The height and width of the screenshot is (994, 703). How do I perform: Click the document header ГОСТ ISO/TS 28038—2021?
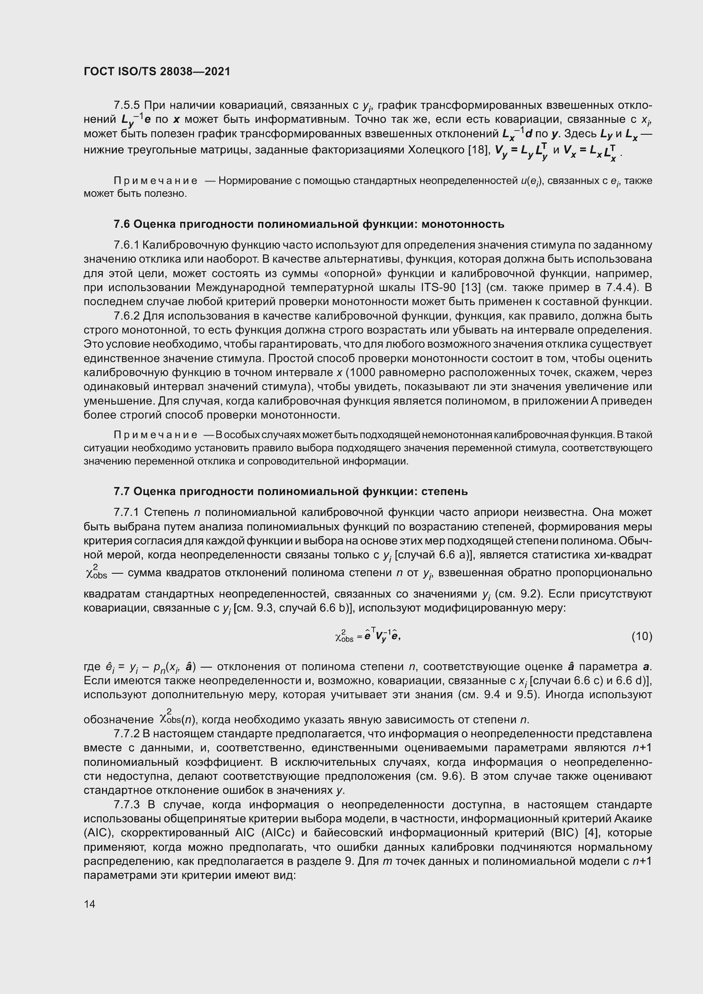tap(157, 72)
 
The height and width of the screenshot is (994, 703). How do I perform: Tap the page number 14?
tap(90, 904)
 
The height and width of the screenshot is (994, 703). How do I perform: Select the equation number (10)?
tap(641, 637)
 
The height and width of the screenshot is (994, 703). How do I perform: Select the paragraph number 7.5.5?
tap(127, 105)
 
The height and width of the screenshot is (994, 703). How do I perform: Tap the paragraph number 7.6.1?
tap(126, 246)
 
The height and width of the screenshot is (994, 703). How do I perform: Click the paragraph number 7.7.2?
tap(126, 734)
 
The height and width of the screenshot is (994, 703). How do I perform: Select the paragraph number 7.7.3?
tap(126, 805)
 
